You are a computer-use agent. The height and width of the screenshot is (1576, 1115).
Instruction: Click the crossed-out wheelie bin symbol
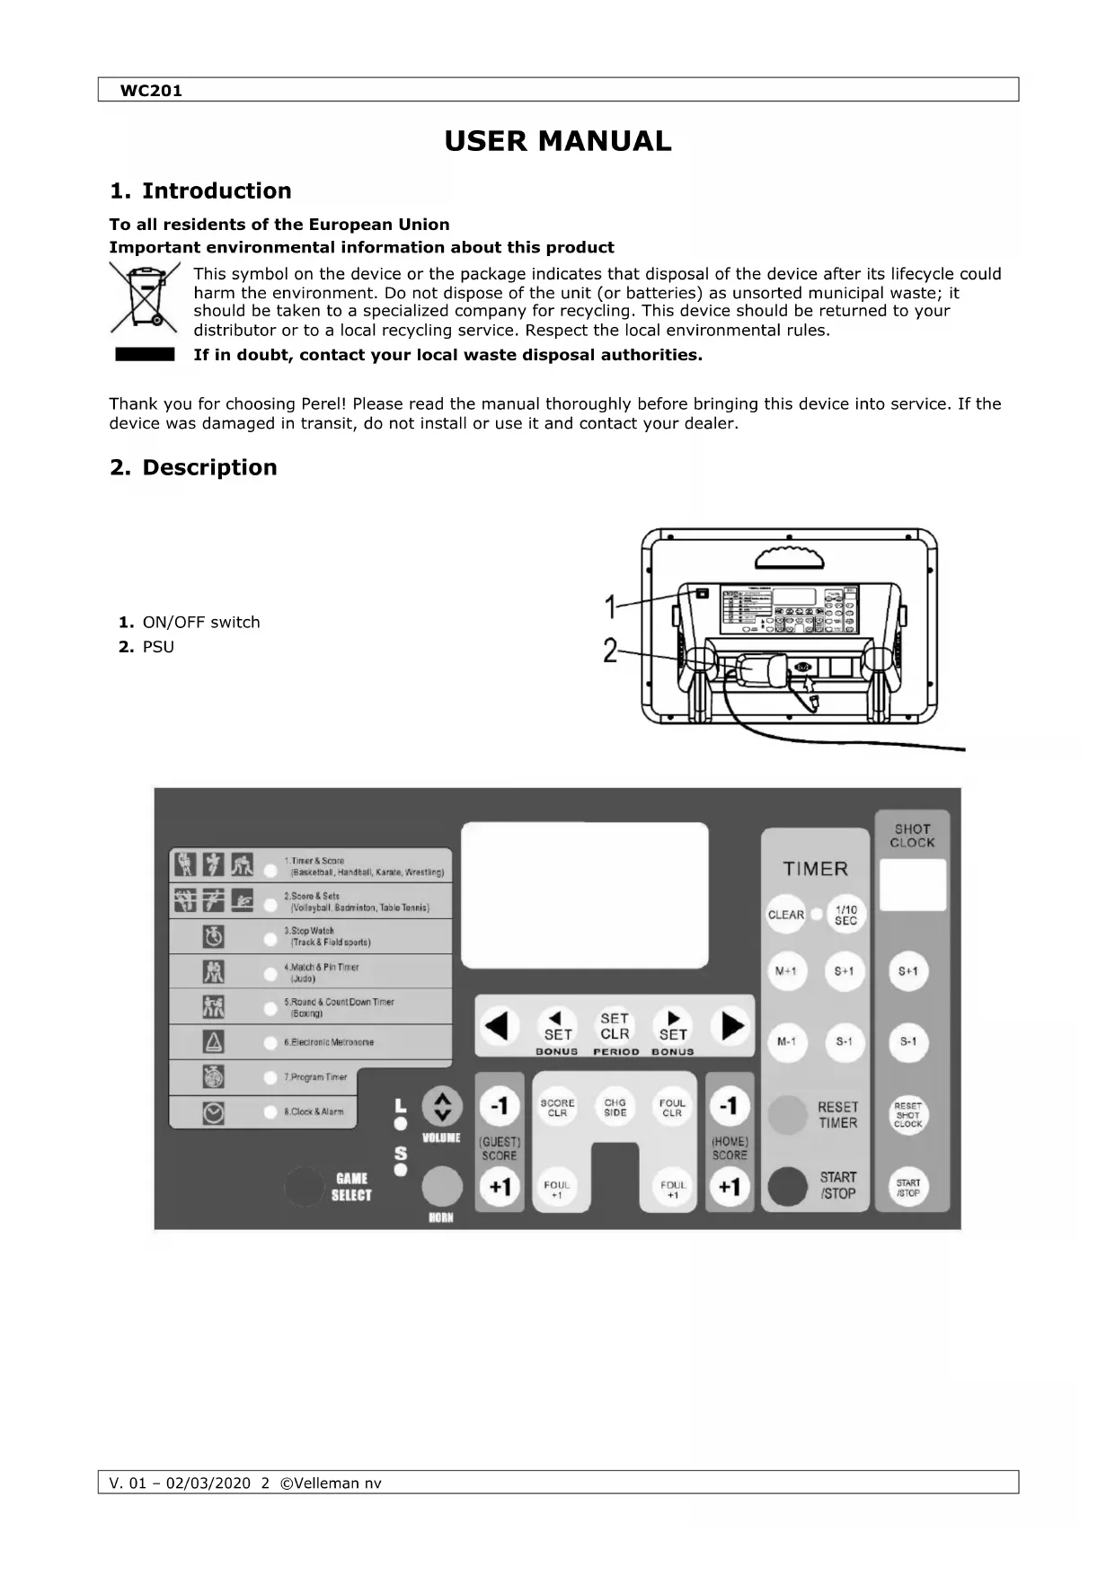click(x=145, y=297)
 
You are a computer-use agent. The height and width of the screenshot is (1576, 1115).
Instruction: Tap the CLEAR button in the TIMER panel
click(x=786, y=915)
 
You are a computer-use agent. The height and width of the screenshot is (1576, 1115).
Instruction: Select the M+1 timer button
click(x=786, y=971)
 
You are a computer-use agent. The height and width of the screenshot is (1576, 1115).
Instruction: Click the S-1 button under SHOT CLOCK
click(x=908, y=1042)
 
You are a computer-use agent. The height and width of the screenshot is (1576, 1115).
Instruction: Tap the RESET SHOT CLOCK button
click(x=908, y=1115)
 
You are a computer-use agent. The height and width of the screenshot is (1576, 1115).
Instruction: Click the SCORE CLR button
click(x=557, y=1108)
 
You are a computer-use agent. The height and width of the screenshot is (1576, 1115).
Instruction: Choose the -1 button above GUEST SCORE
click(x=500, y=1105)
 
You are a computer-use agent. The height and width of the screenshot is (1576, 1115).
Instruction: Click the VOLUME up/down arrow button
click(x=442, y=1107)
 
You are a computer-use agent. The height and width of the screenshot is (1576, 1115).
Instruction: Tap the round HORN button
click(x=442, y=1187)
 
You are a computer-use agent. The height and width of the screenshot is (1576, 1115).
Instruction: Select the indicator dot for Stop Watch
click(x=270, y=939)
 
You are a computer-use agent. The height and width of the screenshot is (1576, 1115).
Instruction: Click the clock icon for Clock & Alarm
click(x=214, y=1112)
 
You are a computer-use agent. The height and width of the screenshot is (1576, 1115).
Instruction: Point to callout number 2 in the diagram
click(x=611, y=650)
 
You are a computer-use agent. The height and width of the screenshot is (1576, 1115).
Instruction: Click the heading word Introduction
click(x=217, y=190)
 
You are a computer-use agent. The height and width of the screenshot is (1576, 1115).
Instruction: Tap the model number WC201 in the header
click(x=151, y=91)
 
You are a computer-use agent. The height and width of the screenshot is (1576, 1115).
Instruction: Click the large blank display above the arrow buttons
click(x=585, y=895)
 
